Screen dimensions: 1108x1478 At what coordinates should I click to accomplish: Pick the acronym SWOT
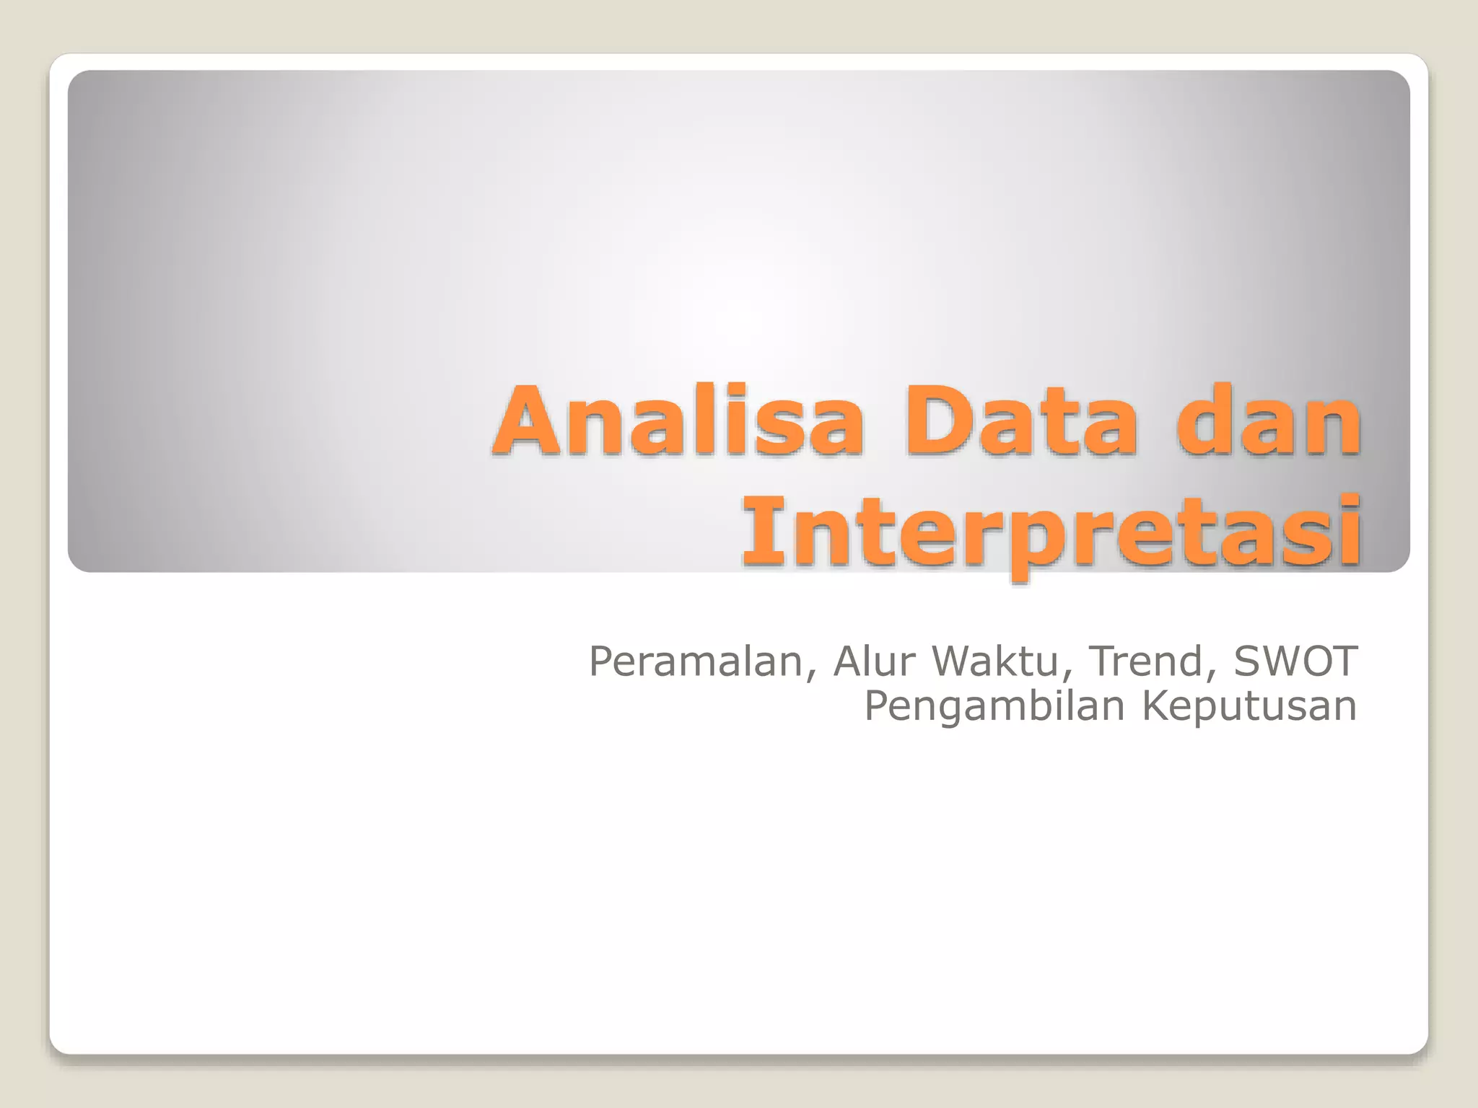pos(1295,661)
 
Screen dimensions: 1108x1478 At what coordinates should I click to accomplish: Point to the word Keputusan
pos(1249,706)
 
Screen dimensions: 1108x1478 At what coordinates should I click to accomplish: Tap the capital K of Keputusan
pos(1157,705)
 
